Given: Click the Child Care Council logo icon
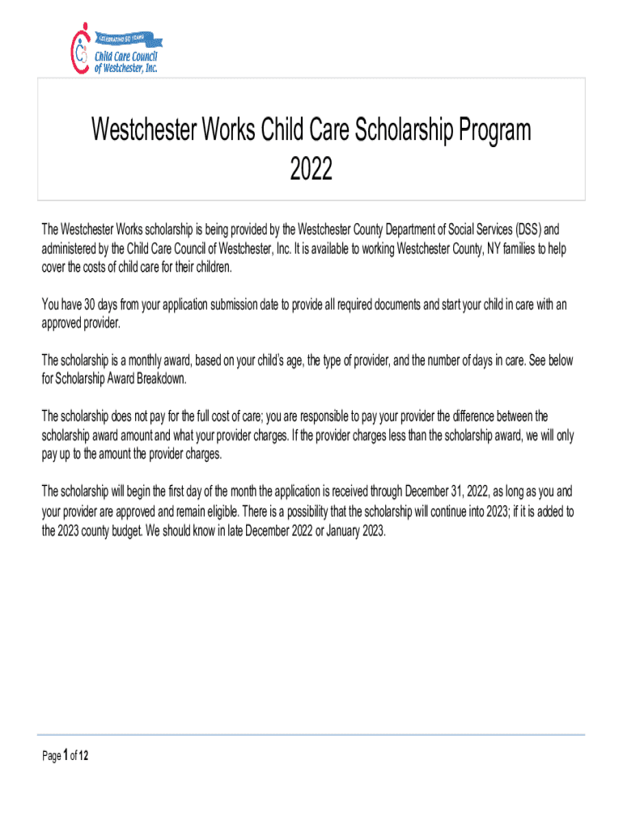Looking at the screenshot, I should [80, 49].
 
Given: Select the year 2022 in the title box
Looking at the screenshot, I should [311, 170].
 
